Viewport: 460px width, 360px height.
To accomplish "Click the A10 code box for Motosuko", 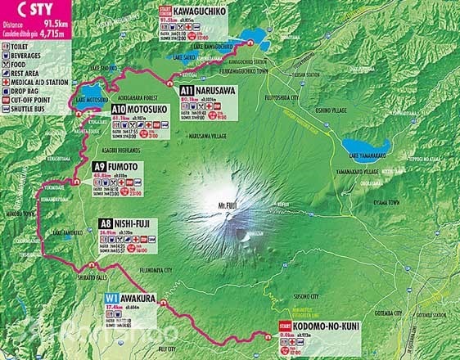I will pyautogui.click(x=119, y=108).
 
